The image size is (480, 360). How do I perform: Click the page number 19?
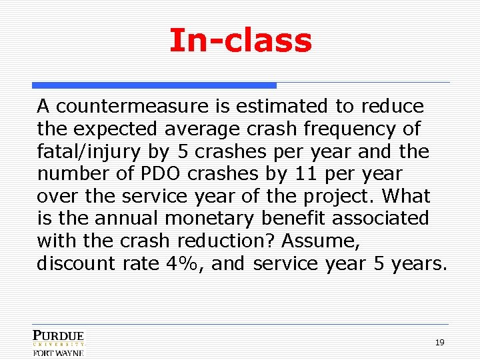[x=439, y=342]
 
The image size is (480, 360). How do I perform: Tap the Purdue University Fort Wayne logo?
[x=59, y=343]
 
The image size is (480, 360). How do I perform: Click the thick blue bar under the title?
[x=154, y=85]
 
